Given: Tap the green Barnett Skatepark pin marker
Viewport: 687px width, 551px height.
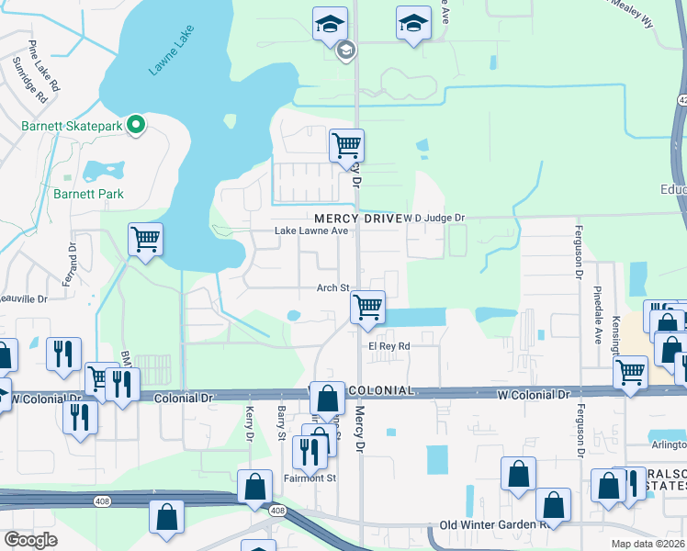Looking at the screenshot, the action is [136, 124].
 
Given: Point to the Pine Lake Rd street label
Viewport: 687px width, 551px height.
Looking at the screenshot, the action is [43, 66].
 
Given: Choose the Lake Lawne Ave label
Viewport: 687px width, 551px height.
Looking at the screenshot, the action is [312, 231].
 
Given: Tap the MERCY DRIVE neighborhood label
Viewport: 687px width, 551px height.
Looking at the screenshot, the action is [357, 218].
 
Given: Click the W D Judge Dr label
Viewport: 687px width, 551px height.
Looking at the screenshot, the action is [435, 218].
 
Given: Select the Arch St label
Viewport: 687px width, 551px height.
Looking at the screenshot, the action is [332, 287].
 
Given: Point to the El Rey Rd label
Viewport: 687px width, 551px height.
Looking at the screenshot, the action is [389, 346].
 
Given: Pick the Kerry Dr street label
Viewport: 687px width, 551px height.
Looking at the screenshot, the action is [249, 423].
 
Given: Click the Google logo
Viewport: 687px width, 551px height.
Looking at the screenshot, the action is [30, 540].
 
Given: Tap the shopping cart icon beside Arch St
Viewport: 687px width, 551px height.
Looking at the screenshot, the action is [367, 307].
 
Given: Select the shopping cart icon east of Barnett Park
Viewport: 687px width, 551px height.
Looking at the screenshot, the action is [145, 241].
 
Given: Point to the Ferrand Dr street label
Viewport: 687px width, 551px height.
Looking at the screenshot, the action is [72, 263].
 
